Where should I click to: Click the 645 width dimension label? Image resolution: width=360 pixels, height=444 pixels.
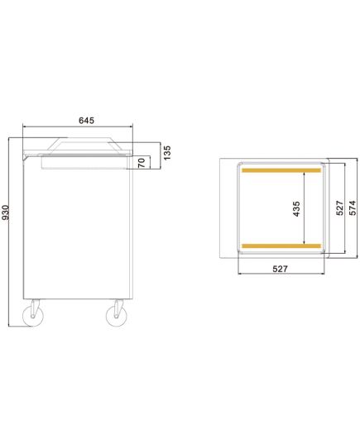86,121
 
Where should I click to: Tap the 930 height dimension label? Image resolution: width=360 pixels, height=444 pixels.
6,212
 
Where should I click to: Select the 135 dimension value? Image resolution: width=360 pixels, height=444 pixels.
167,153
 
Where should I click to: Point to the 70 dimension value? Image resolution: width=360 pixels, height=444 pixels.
142,163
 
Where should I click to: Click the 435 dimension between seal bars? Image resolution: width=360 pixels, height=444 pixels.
296,208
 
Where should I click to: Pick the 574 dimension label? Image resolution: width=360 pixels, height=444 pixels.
353,208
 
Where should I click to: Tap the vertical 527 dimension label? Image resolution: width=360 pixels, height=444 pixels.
340,208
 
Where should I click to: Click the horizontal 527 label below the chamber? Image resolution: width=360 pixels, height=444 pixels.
280,269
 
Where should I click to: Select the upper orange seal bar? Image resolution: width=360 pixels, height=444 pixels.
281,170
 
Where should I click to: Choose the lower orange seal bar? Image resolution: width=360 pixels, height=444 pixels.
281,246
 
